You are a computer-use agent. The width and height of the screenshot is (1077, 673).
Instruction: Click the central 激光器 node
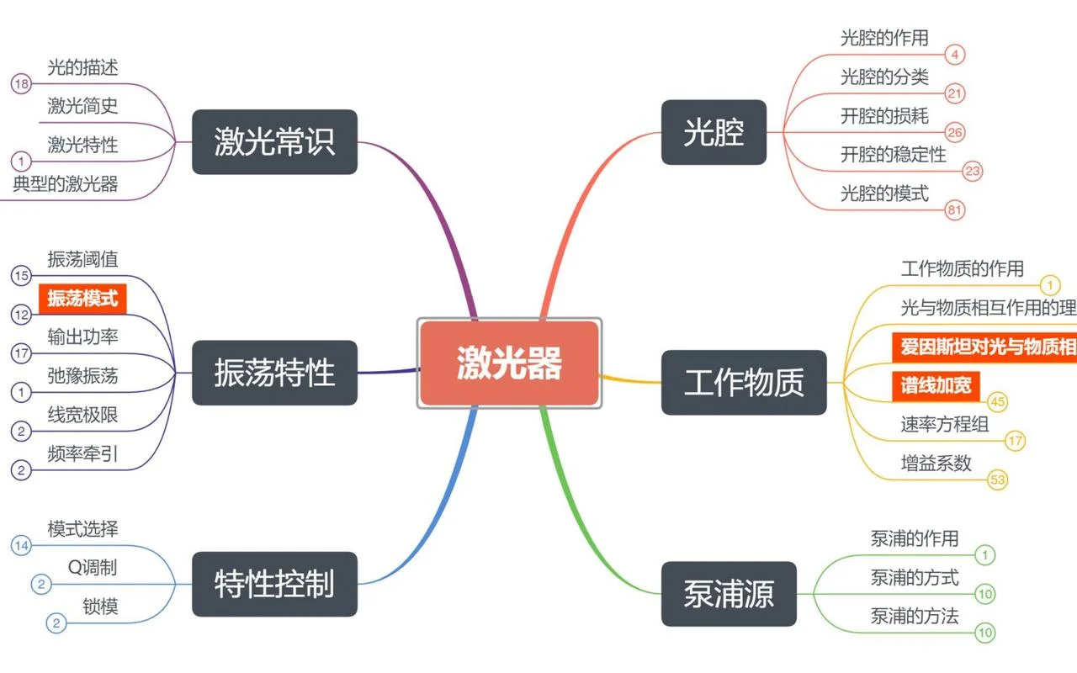[x=509, y=363]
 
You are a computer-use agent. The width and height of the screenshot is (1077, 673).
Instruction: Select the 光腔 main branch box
[x=714, y=132]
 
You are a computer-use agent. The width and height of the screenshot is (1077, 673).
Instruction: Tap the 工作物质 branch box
[x=744, y=382]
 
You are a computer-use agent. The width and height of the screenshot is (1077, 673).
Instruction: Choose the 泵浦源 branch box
[x=729, y=594]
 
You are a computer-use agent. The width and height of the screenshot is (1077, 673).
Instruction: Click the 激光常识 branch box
[x=274, y=142]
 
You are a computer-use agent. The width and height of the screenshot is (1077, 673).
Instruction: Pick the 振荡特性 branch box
[x=274, y=373]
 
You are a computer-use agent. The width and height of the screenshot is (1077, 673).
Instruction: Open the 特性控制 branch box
[x=274, y=584]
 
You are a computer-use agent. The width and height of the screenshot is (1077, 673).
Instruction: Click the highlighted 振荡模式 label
[x=82, y=299]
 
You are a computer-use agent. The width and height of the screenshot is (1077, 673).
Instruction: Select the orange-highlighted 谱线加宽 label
[x=936, y=385]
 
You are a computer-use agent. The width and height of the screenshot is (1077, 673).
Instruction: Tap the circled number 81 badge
[x=955, y=209]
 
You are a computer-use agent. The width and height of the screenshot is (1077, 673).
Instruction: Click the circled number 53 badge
[x=998, y=480]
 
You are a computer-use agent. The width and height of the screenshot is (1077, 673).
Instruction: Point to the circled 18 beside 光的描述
[x=21, y=84]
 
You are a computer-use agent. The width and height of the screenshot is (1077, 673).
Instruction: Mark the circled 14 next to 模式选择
[x=21, y=546]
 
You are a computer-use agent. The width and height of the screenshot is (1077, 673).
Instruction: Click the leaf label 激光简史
[x=82, y=106]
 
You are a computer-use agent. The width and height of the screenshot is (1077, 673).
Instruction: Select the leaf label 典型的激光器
[x=66, y=183]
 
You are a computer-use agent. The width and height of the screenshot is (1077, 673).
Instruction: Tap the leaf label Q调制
[x=93, y=568]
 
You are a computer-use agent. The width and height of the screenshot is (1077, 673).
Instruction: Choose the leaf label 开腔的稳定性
[x=894, y=154]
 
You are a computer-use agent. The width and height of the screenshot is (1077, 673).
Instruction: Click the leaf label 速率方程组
[x=945, y=424]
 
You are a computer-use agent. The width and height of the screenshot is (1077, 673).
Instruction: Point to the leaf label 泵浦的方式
[x=915, y=577]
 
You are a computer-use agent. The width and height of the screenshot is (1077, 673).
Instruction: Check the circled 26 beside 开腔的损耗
[x=955, y=132]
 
